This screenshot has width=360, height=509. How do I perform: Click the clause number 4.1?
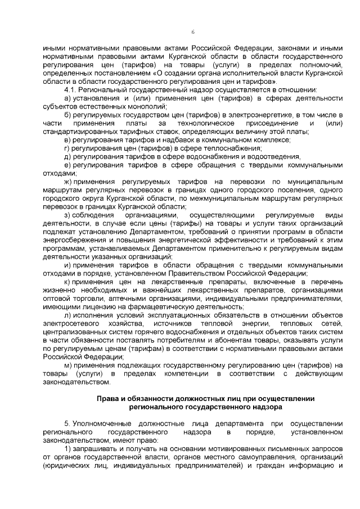(71, 89)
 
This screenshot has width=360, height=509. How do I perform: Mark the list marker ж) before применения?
(68, 182)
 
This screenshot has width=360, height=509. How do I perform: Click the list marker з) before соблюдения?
(67, 215)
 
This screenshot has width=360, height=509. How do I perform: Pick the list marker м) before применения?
(67, 365)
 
